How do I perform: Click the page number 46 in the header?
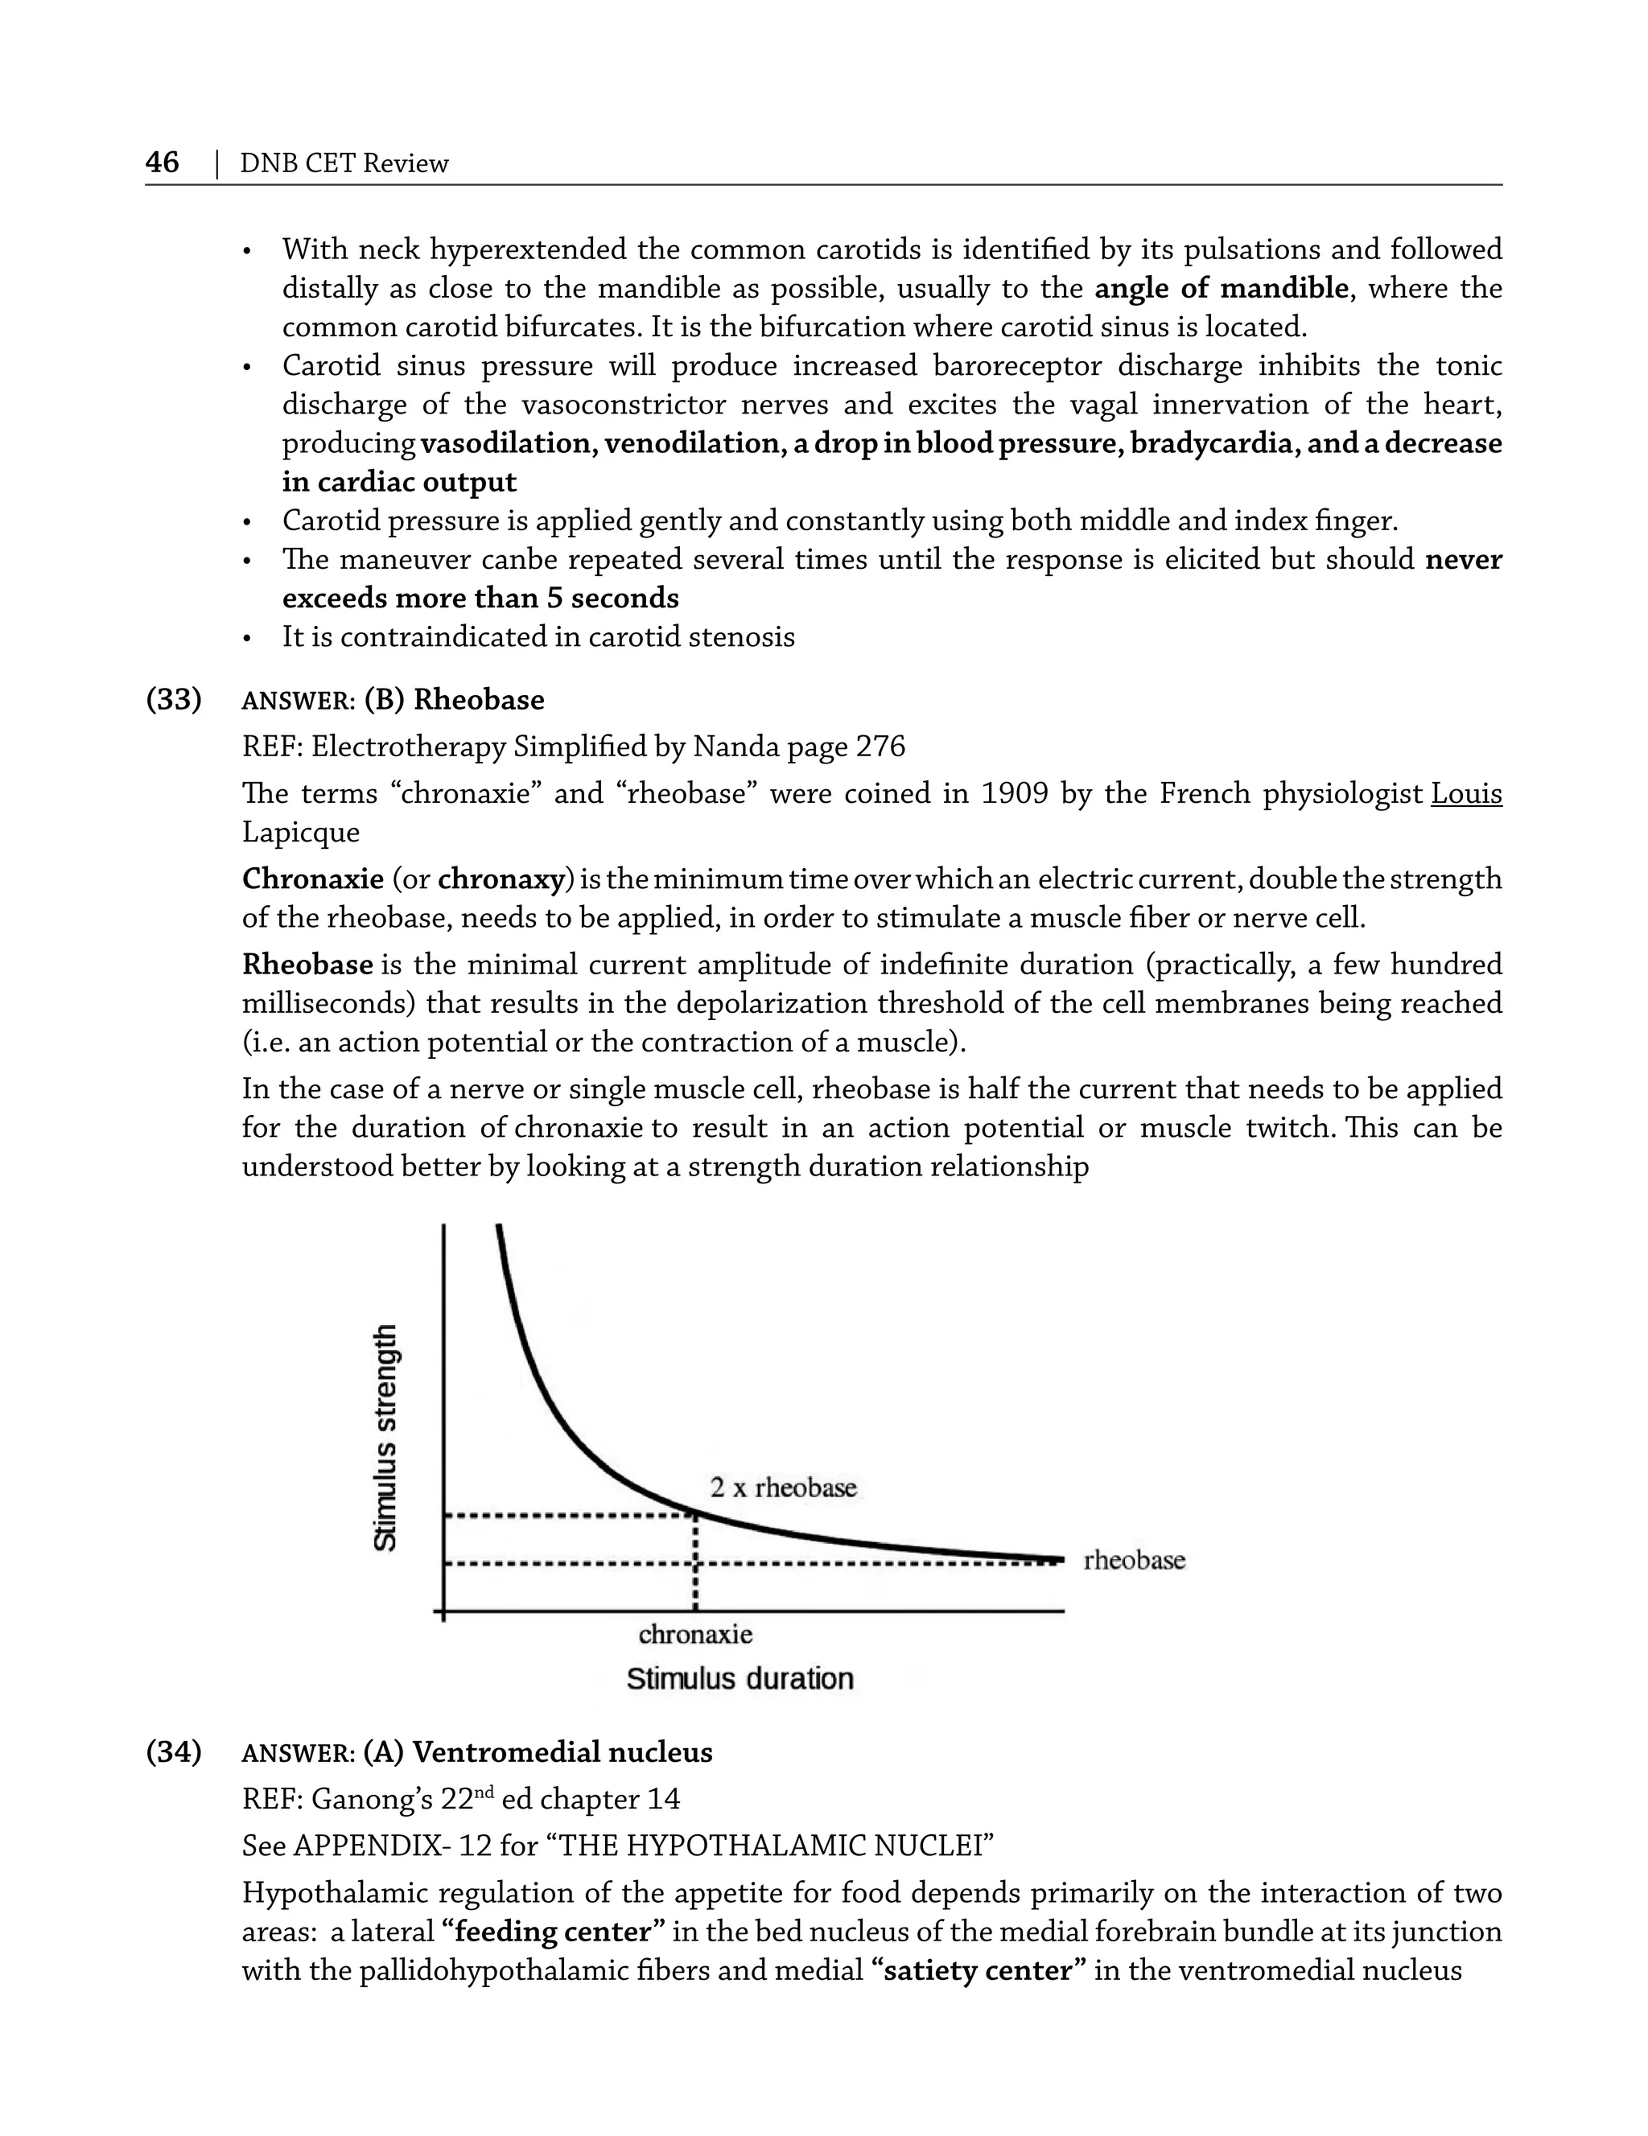tap(163, 162)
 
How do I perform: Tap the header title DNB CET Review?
tap(344, 163)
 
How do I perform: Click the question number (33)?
tap(174, 699)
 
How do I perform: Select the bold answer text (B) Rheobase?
tap(454, 699)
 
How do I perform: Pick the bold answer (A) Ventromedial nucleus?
tap(537, 1751)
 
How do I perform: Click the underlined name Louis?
tap(1465, 793)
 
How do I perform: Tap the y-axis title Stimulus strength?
tap(386, 1437)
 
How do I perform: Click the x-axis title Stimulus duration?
tap(740, 1678)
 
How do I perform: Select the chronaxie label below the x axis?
tap(695, 1634)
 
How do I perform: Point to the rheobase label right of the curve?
tap(1134, 1560)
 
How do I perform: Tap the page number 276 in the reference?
tap(880, 747)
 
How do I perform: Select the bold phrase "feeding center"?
tap(554, 1932)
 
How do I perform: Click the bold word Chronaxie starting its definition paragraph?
tap(313, 879)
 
